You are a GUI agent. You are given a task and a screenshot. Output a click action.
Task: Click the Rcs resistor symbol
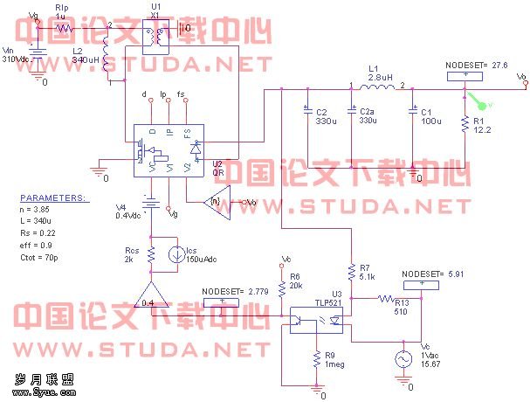(x=152, y=256)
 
